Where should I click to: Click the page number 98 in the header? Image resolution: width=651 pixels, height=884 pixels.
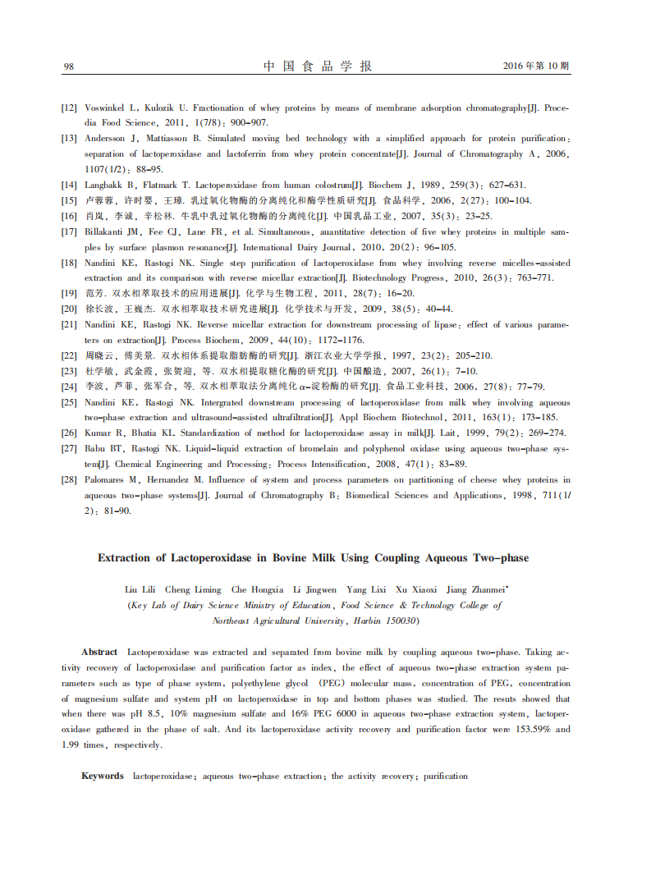click(69, 66)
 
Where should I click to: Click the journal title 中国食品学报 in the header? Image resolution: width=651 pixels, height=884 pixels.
click(316, 66)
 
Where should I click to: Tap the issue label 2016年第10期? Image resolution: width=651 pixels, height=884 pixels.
click(536, 66)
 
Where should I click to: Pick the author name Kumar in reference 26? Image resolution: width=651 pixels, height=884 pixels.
click(99, 433)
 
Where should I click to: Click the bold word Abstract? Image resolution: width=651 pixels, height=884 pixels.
click(99, 652)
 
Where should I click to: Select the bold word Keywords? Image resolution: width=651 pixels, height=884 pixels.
click(103, 776)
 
